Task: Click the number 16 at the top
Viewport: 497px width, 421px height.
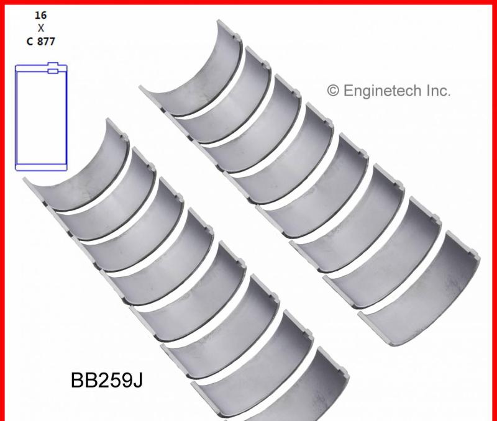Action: pyautogui.click(x=41, y=14)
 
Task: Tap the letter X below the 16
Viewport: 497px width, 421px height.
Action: pyautogui.click(x=41, y=27)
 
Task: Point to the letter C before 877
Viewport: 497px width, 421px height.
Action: pyautogui.click(x=29, y=42)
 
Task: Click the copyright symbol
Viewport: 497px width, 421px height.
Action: pyautogui.click(x=333, y=91)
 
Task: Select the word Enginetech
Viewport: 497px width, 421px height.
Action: pyautogui.click(x=381, y=91)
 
